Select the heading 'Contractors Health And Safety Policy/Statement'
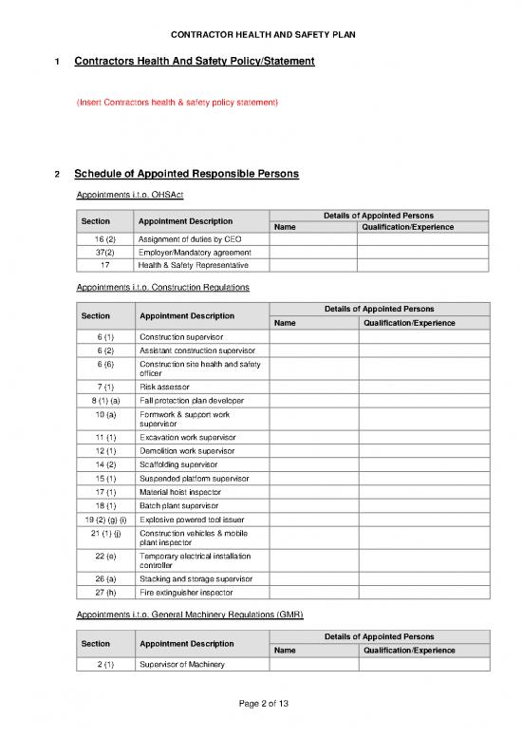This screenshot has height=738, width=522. tap(194, 62)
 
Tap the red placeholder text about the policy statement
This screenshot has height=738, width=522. tap(177, 102)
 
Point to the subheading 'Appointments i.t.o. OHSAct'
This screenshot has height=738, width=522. tap(129, 195)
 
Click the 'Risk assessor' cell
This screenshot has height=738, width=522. tap(164, 387)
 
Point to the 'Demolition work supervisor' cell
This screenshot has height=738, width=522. tap(188, 451)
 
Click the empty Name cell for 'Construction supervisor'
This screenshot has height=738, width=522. tap(313, 337)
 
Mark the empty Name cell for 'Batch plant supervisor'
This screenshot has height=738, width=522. tap(313, 506)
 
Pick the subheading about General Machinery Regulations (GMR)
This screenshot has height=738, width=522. tap(189, 614)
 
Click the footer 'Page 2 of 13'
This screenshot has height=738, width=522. tap(261, 702)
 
